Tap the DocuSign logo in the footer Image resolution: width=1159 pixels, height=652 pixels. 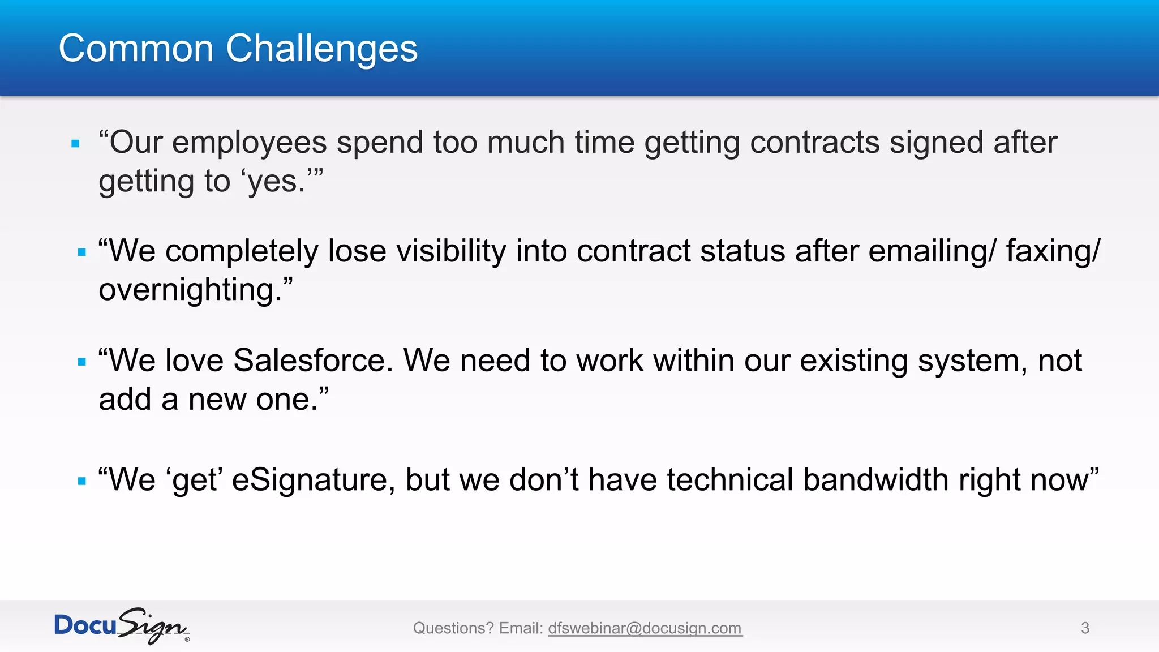tap(122, 626)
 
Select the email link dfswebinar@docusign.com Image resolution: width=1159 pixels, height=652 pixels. tap(645, 628)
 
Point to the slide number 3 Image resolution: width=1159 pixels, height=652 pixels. tap(1085, 628)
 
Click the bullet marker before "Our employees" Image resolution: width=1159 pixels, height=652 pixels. tap(76, 144)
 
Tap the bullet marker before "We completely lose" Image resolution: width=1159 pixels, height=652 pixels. tap(82, 252)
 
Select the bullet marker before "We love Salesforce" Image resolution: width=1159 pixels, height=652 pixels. tap(82, 362)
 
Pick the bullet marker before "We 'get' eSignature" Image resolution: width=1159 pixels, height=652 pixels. tap(82, 481)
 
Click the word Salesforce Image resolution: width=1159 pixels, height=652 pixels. tap(313, 361)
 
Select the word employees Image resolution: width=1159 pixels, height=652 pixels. tap(249, 143)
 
